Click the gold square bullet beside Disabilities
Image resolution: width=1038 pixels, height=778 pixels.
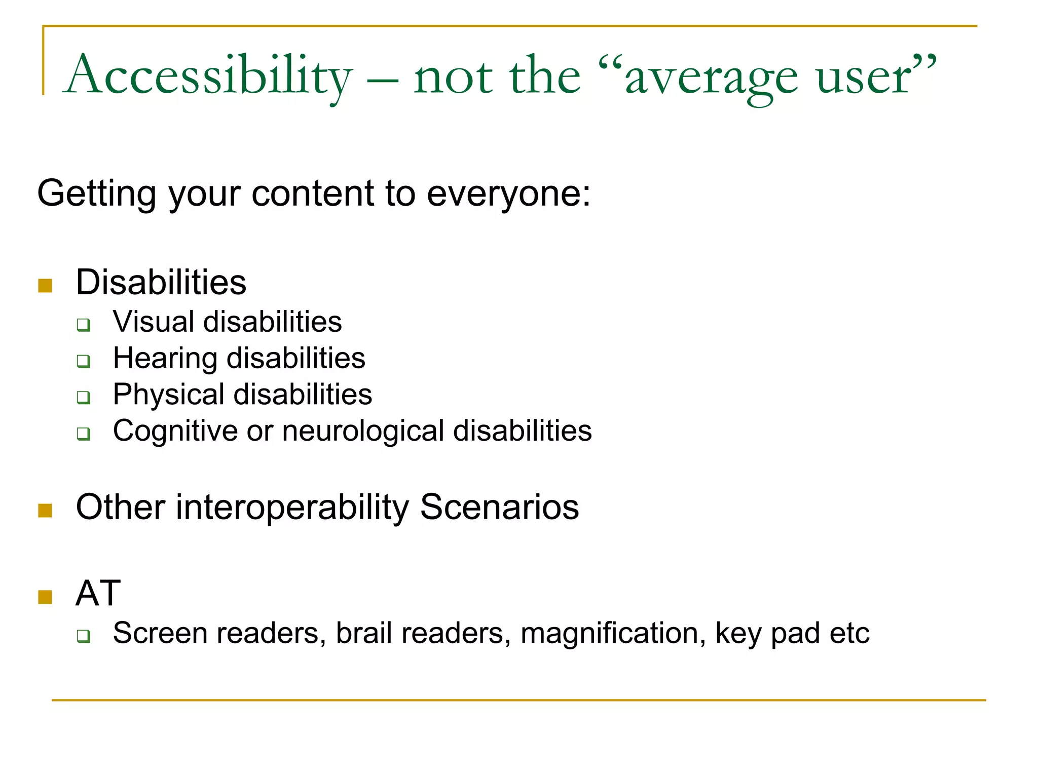[x=45, y=286]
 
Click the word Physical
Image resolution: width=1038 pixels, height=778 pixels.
[x=169, y=395]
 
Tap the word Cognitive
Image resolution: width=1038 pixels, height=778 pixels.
[x=175, y=431]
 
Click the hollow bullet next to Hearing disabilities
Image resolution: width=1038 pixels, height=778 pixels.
[x=84, y=361]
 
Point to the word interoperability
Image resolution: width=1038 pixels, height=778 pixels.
[x=292, y=508]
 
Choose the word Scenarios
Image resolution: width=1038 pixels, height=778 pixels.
[x=499, y=508]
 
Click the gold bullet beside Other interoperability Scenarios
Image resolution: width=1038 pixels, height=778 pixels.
[x=45, y=511]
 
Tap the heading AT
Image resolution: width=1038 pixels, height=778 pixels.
[x=98, y=593]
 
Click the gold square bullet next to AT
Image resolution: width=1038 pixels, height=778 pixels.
[x=45, y=597]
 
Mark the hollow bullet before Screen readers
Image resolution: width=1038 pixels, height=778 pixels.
[x=84, y=636]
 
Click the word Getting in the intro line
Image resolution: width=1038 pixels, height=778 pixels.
[x=97, y=194]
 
